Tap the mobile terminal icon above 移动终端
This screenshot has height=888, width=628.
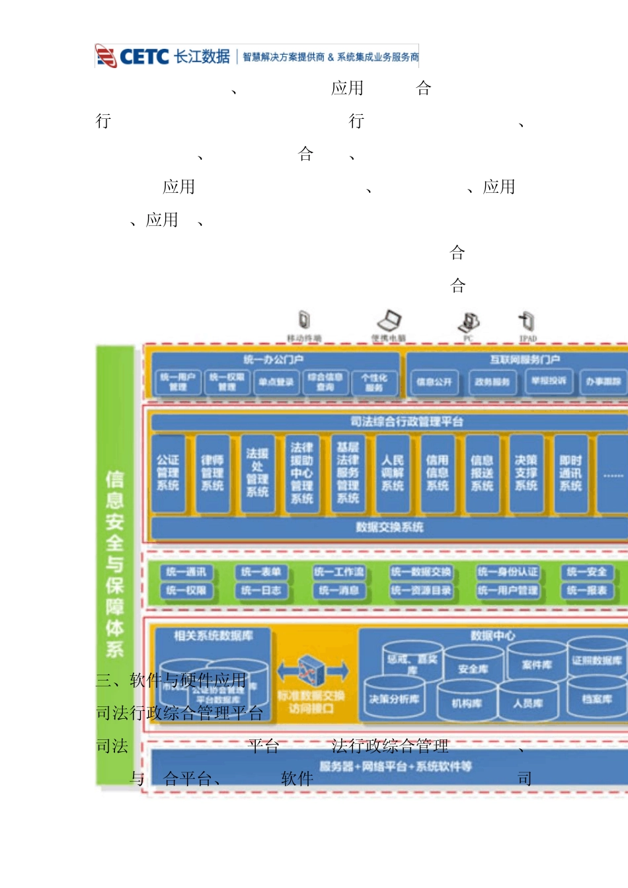[x=304, y=320]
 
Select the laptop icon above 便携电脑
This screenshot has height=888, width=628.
[x=389, y=321]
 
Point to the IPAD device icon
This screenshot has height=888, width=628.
[x=527, y=321]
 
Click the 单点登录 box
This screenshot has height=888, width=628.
[x=276, y=382]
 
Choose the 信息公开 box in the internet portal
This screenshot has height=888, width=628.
[x=434, y=382]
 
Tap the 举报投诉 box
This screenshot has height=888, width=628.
[x=549, y=381]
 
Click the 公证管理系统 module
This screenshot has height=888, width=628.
[x=168, y=473]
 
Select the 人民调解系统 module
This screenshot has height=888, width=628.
[x=393, y=473]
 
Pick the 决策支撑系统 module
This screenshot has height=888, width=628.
[x=526, y=473]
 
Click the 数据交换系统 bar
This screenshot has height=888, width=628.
[x=389, y=527]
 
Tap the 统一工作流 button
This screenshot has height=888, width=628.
[x=339, y=572]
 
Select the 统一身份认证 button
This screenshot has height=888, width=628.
[x=508, y=572]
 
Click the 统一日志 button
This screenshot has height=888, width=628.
[x=261, y=591]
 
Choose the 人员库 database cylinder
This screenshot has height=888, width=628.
[x=528, y=702]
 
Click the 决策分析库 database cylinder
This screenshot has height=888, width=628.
[x=394, y=699]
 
